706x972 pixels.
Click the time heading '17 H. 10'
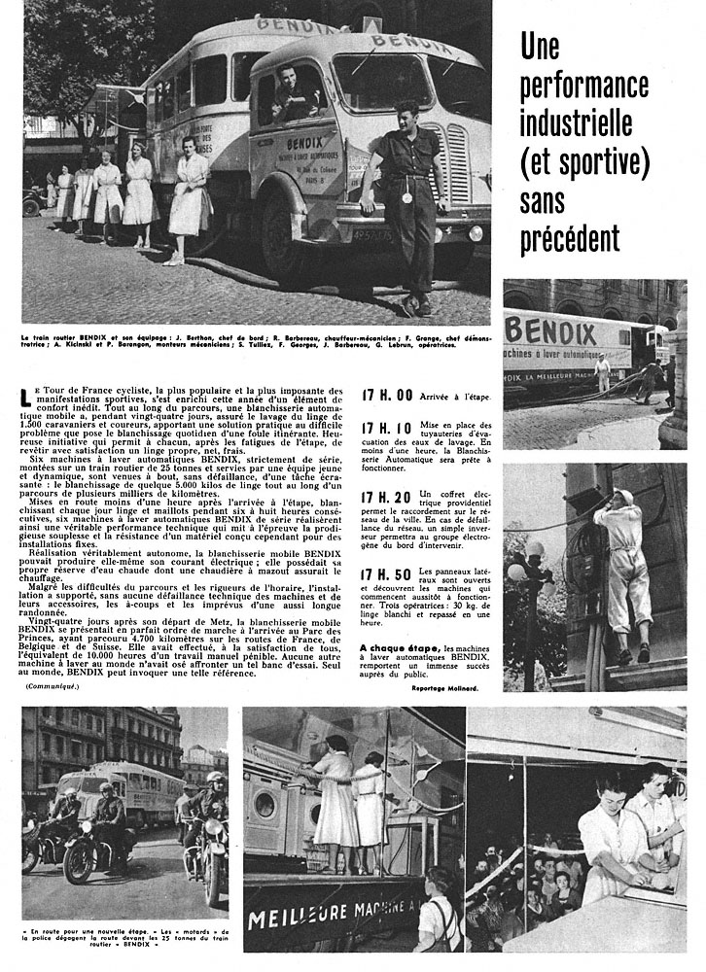386,429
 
